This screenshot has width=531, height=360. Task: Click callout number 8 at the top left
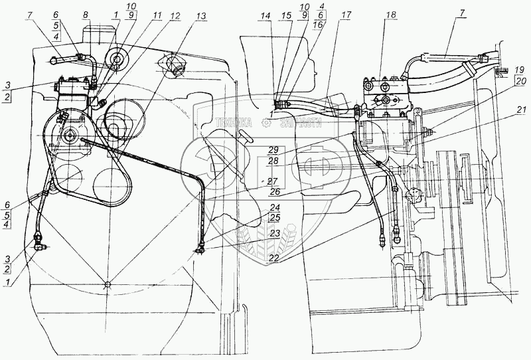86,14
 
